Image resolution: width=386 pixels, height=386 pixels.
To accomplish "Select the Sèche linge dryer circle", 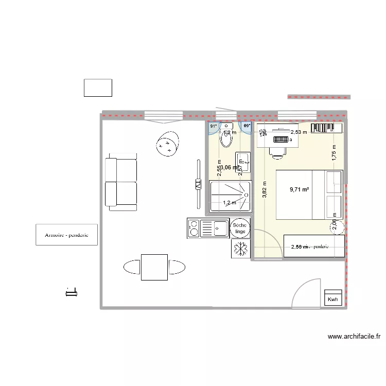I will (x=240, y=229).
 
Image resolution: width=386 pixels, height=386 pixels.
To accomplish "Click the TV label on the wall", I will (x=197, y=185).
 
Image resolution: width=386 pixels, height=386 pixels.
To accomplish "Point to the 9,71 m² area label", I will (x=299, y=189).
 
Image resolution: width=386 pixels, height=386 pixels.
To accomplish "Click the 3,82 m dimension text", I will (x=264, y=189).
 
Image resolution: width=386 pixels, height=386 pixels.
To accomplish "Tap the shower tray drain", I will (x=246, y=195).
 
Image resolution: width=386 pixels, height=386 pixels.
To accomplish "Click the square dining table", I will (x=154, y=267).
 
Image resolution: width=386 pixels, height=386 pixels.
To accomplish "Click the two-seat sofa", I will (x=121, y=184).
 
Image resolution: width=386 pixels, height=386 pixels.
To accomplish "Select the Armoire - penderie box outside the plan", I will (x=66, y=235).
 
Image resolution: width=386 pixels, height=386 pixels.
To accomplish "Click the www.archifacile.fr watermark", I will (x=354, y=337).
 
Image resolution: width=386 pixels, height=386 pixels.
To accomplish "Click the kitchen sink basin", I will (x=220, y=226).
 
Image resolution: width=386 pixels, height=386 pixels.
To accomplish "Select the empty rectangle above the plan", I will (x=98, y=87).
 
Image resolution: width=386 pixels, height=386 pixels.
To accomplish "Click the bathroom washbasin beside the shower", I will (x=243, y=161).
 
